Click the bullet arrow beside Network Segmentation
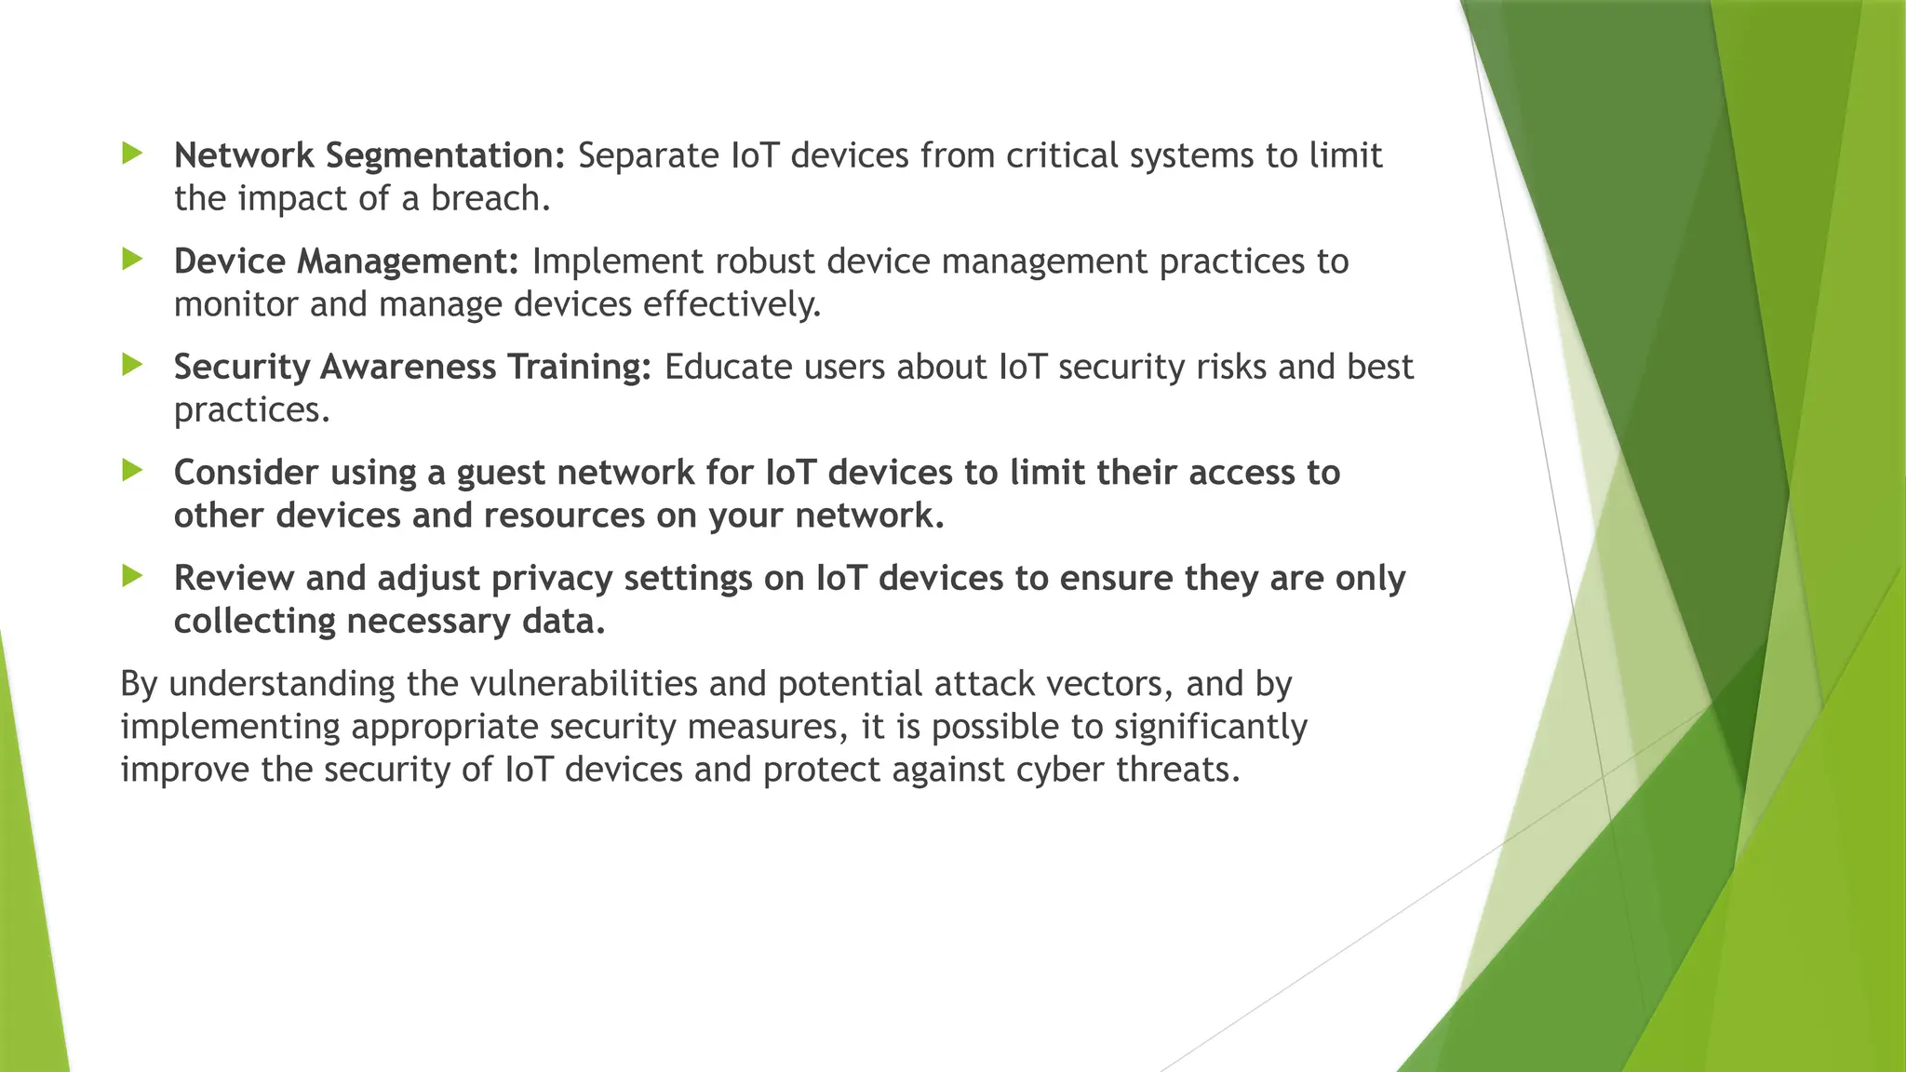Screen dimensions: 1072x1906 tap(132, 154)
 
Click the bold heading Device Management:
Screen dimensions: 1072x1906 tap(346, 261)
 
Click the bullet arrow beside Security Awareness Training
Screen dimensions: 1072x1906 tap(132, 365)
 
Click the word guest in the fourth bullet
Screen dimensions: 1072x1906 tap(501, 474)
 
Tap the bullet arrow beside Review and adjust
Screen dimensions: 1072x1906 tap(132, 576)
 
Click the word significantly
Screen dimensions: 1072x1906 tap(1211, 727)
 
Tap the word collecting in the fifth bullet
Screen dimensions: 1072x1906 tap(255, 621)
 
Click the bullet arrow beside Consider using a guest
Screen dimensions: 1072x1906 tap(132, 471)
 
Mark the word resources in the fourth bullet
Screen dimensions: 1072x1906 tap(564, 516)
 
